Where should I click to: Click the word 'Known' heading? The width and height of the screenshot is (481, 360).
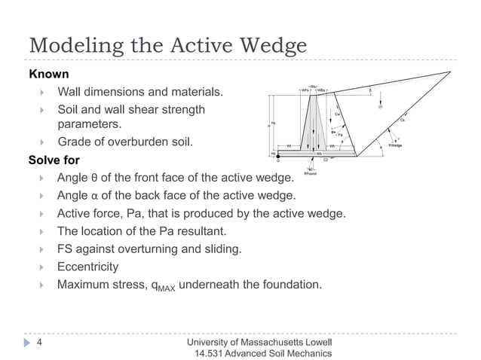point(49,75)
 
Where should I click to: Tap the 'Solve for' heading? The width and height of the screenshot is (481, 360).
point(54,160)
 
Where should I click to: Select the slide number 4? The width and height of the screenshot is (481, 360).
point(40,343)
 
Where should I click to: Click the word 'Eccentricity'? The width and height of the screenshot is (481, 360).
point(88,267)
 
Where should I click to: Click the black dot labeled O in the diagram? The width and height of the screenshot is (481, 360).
point(277,155)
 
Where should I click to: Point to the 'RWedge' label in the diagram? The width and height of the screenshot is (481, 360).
point(394,145)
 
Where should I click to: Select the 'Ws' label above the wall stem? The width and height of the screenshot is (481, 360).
point(313,85)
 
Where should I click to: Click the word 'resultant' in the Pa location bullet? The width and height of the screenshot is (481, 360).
point(199,230)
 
